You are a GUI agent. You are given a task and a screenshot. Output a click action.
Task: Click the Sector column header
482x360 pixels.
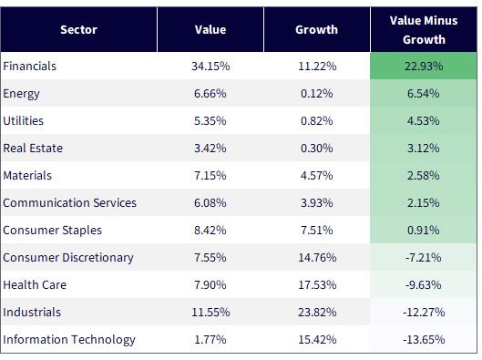(x=78, y=30)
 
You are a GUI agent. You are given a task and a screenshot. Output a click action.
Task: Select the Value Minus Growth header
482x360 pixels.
(x=424, y=30)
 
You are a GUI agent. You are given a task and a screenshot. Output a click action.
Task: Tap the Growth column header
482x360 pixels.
(x=316, y=30)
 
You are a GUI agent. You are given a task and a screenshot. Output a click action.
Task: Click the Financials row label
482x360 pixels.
(x=29, y=67)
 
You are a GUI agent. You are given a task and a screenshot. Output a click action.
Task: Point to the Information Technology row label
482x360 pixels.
(x=69, y=340)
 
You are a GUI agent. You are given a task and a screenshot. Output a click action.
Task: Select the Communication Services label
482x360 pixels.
(x=70, y=203)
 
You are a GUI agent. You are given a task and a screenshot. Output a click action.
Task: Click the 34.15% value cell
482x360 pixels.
(x=210, y=67)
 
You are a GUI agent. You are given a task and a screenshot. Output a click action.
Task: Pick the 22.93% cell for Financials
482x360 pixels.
(x=424, y=67)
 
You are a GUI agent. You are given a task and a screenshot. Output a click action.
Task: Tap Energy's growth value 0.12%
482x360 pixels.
(x=316, y=94)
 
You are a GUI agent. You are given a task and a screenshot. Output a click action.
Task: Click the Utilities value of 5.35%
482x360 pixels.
(x=210, y=121)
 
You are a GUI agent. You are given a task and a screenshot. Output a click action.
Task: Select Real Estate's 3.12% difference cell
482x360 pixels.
(x=424, y=149)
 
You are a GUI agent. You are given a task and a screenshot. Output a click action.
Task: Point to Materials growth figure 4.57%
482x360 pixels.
(x=316, y=176)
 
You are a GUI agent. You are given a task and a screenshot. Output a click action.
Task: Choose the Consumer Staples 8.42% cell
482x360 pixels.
(x=210, y=231)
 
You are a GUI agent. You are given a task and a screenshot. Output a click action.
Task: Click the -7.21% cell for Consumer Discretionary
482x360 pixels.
(x=424, y=258)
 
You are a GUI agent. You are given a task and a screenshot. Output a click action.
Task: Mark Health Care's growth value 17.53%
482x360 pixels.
(x=317, y=285)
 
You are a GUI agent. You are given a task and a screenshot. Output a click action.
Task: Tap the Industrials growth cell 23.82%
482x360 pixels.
(x=317, y=313)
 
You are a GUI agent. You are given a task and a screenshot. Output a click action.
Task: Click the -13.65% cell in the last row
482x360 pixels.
(x=424, y=340)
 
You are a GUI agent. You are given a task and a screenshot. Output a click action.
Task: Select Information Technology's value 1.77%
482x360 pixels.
(x=210, y=340)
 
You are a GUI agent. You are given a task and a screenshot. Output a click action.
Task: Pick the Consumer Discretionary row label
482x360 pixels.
(x=68, y=258)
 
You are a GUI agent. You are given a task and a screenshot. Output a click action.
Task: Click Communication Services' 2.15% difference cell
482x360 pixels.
(x=424, y=203)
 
